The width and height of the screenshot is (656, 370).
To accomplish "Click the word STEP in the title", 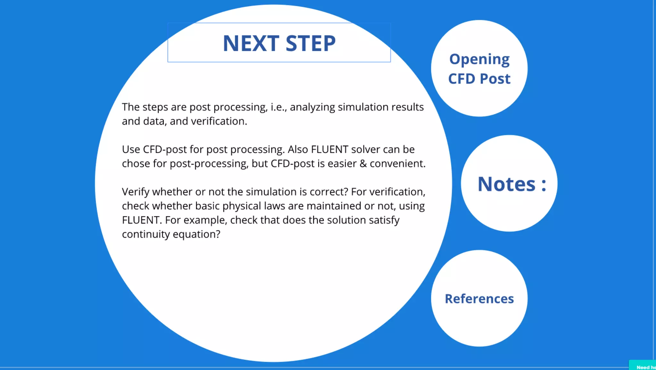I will click(310, 43).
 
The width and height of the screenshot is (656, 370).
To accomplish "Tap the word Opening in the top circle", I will click(479, 60).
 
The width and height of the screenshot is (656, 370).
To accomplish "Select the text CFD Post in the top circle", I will click(479, 79).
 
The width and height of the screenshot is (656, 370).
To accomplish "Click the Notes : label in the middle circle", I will click(512, 184).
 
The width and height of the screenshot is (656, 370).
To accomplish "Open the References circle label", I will click(479, 299).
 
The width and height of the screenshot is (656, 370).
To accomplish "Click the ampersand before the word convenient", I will click(363, 164).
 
